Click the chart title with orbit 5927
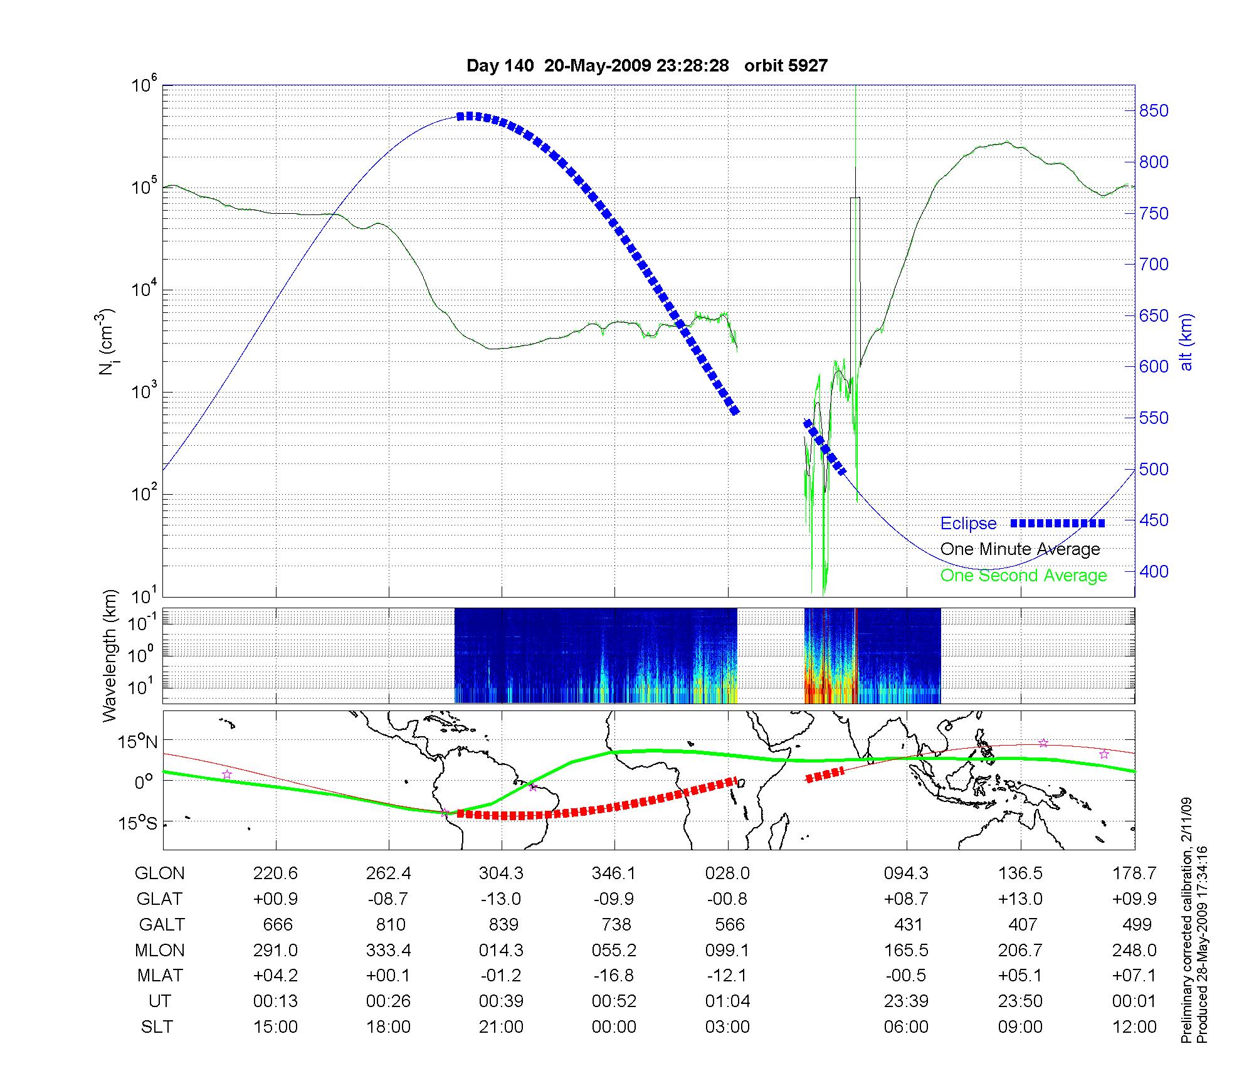click(647, 66)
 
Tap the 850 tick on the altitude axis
click(1154, 111)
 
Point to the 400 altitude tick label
click(1154, 571)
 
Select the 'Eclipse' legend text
click(968, 524)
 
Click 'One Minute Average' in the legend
click(1020, 549)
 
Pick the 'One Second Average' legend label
click(1023, 576)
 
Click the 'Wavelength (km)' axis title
click(110, 655)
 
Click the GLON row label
click(160, 873)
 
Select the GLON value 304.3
click(501, 873)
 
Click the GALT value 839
click(503, 924)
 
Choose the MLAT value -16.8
click(614, 976)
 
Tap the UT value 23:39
click(906, 1001)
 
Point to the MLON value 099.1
click(727, 950)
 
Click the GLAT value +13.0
click(1020, 899)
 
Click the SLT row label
click(157, 1027)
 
